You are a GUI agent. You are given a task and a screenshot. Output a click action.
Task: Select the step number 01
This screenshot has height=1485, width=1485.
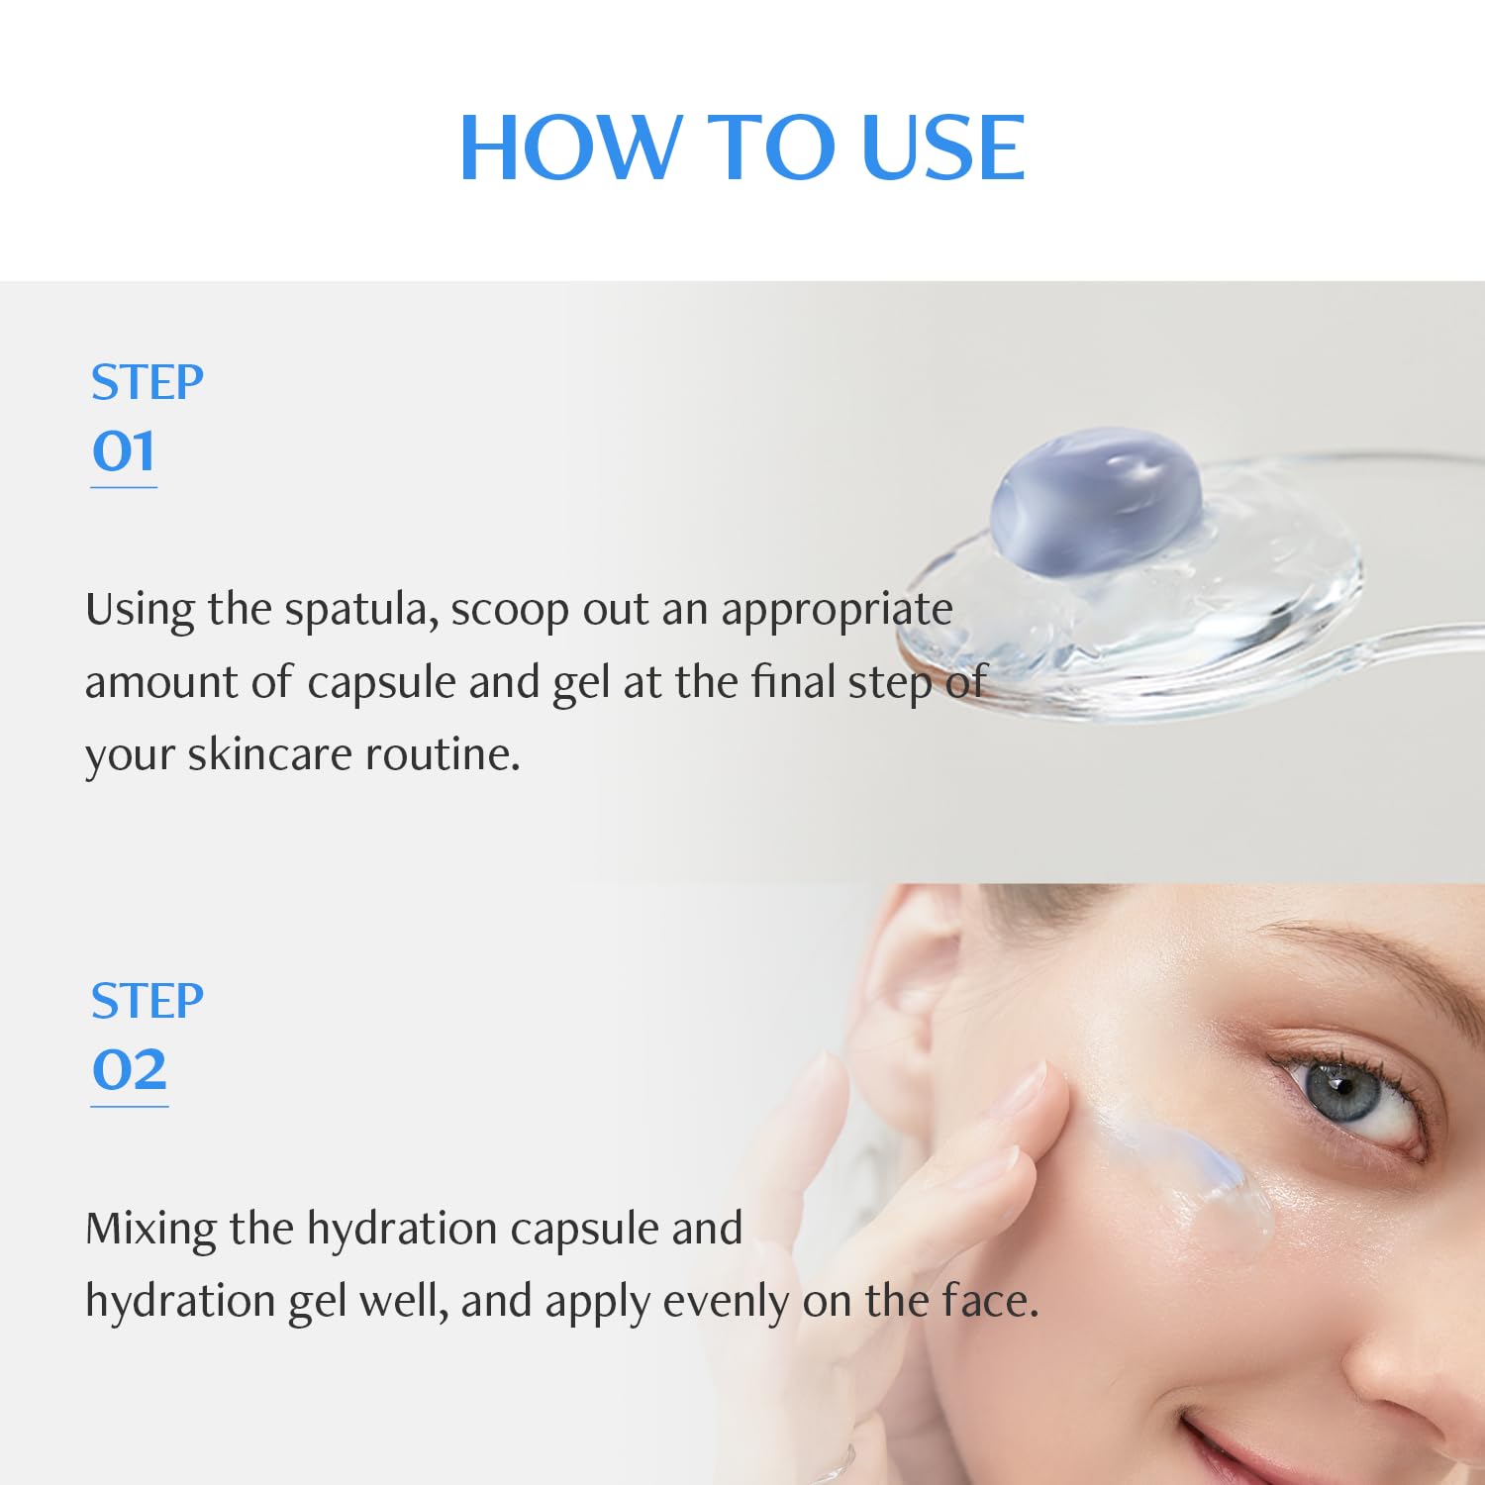124,451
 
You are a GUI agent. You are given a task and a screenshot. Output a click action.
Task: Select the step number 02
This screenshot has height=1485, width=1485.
129,1070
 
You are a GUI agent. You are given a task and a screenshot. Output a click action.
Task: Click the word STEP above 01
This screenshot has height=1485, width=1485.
147,382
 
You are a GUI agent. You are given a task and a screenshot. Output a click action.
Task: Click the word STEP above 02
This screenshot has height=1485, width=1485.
147,1001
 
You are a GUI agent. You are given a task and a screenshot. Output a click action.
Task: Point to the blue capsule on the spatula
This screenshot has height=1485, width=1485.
1097,501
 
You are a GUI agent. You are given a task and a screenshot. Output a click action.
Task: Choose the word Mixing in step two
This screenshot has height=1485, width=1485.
150,1230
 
